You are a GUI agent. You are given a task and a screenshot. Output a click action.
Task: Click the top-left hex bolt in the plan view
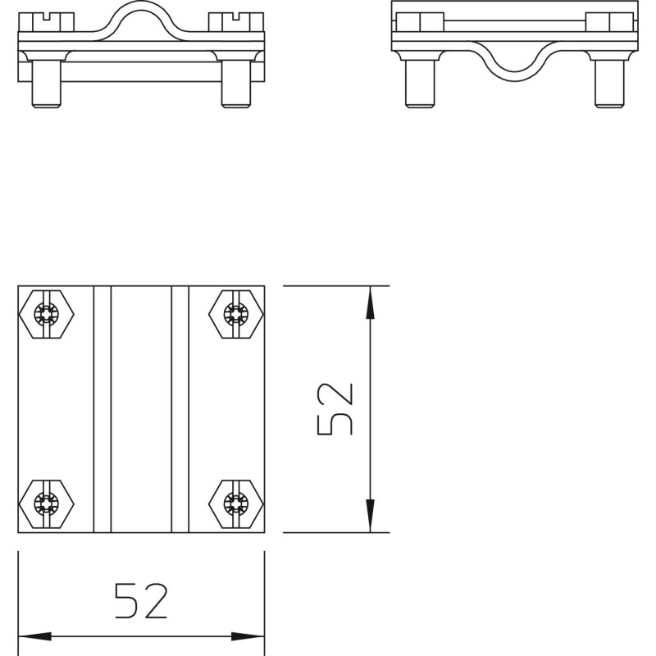click(47, 314)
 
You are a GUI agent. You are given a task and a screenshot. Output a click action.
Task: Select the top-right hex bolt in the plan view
click(236, 314)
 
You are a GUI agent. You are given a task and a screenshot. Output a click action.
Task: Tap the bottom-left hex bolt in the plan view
click(47, 503)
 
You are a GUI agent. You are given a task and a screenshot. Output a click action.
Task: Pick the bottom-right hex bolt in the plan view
click(236, 503)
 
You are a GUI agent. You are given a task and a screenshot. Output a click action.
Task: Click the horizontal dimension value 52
click(141, 601)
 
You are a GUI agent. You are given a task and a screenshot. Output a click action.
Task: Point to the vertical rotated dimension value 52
click(335, 409)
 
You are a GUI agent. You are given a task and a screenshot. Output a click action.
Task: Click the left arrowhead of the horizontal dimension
click(34, 637)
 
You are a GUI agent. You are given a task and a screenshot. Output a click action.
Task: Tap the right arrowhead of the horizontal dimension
click(248, 637)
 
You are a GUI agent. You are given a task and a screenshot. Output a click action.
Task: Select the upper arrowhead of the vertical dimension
click(370, 303)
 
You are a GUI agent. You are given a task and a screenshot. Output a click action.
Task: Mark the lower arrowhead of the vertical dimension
click(370, 516)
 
